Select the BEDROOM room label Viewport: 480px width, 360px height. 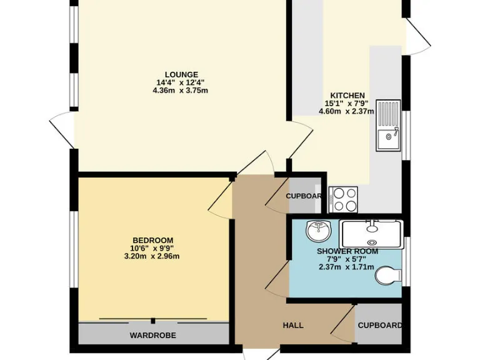point(152,241)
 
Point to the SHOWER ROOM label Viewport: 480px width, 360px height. point(347,251)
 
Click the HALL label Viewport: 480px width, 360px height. point(293,326)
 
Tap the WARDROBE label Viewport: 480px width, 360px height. point(152,336)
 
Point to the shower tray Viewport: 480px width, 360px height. point(372,234)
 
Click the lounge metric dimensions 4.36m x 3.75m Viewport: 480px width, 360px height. point(180,91)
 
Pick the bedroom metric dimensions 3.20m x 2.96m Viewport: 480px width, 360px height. point(152,256)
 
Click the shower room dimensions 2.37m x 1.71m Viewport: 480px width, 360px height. point(346,267)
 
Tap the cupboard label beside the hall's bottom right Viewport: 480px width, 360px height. point(379,326)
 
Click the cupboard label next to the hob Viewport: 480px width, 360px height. point(304,196)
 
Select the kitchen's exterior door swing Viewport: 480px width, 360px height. point(417,37)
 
